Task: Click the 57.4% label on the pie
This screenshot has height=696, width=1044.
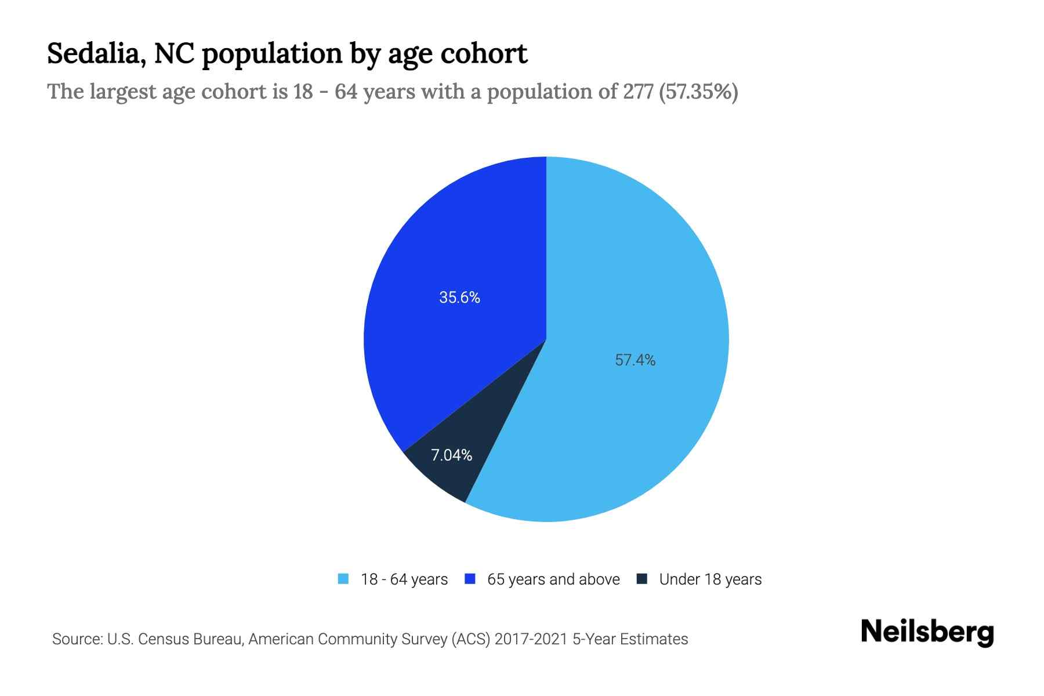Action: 635,360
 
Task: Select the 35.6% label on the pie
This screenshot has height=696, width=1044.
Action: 459,298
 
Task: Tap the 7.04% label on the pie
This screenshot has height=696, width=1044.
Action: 451,455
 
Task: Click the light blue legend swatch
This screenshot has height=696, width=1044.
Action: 343,579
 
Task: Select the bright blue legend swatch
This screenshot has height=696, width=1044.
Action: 470,579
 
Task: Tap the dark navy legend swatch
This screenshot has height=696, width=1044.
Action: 642,579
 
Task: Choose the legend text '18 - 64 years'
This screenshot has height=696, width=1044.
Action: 404,579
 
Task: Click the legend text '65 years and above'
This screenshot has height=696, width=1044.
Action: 553,579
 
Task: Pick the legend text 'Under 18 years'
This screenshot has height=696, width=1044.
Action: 710,579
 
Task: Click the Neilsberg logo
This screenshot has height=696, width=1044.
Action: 927,632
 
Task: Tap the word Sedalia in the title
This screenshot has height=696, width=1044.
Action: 96,54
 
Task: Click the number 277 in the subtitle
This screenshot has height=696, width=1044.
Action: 639,92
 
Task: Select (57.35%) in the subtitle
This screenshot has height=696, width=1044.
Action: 698,92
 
